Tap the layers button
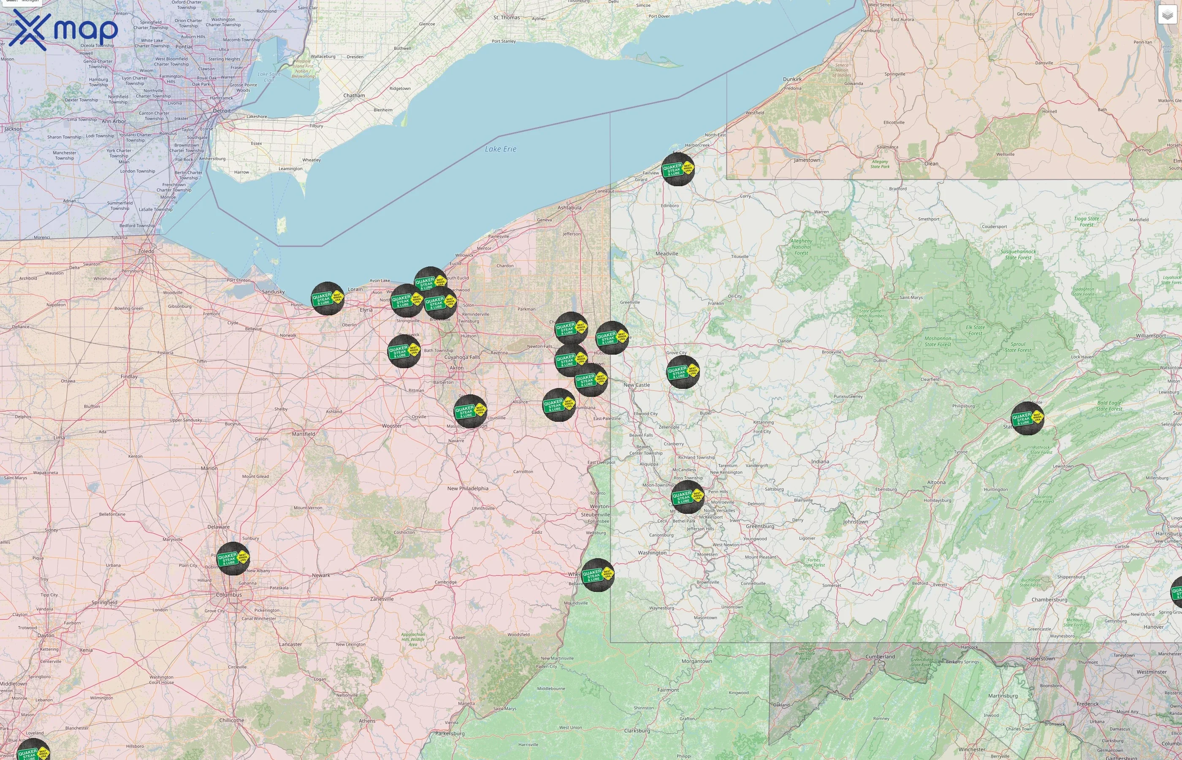tap(1167, 15)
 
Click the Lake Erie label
tap(500, 149)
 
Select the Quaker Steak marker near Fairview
tap(678, 169)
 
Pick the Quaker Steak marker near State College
tap(1027, 418)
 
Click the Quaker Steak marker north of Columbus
tap(233, 559)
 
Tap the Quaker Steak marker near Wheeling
tap(598, 575)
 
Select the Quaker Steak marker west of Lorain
tap(328, 298)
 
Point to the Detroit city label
tap(222, 111)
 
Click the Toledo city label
tap(146, 251)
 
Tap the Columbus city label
tap(229, 594)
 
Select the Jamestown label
tap(807, 160)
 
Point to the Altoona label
tap(936, 483)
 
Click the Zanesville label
tap(382, 599)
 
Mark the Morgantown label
tap(697, 661)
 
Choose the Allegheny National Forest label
tap(801, 247)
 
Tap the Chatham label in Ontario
tap(354, 96)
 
